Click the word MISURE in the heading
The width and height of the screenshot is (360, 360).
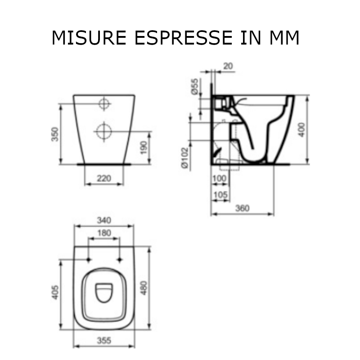(x=89, y=38)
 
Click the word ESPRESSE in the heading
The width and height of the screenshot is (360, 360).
(x=184, y=38)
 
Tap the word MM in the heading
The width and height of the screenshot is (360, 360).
(x=284, y=38)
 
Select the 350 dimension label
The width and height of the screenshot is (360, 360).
(x=55, y=134)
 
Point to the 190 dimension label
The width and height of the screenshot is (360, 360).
(x=144, y=148)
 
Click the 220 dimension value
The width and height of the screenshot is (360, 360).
(x=104, y=178)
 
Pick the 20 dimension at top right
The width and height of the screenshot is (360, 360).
(x=228, y=66)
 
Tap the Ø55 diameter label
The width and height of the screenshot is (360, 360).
(x=194, y=86)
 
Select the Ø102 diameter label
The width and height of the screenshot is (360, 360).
(x=184, y=158)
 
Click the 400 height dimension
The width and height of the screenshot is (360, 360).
(x=302, y=130)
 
